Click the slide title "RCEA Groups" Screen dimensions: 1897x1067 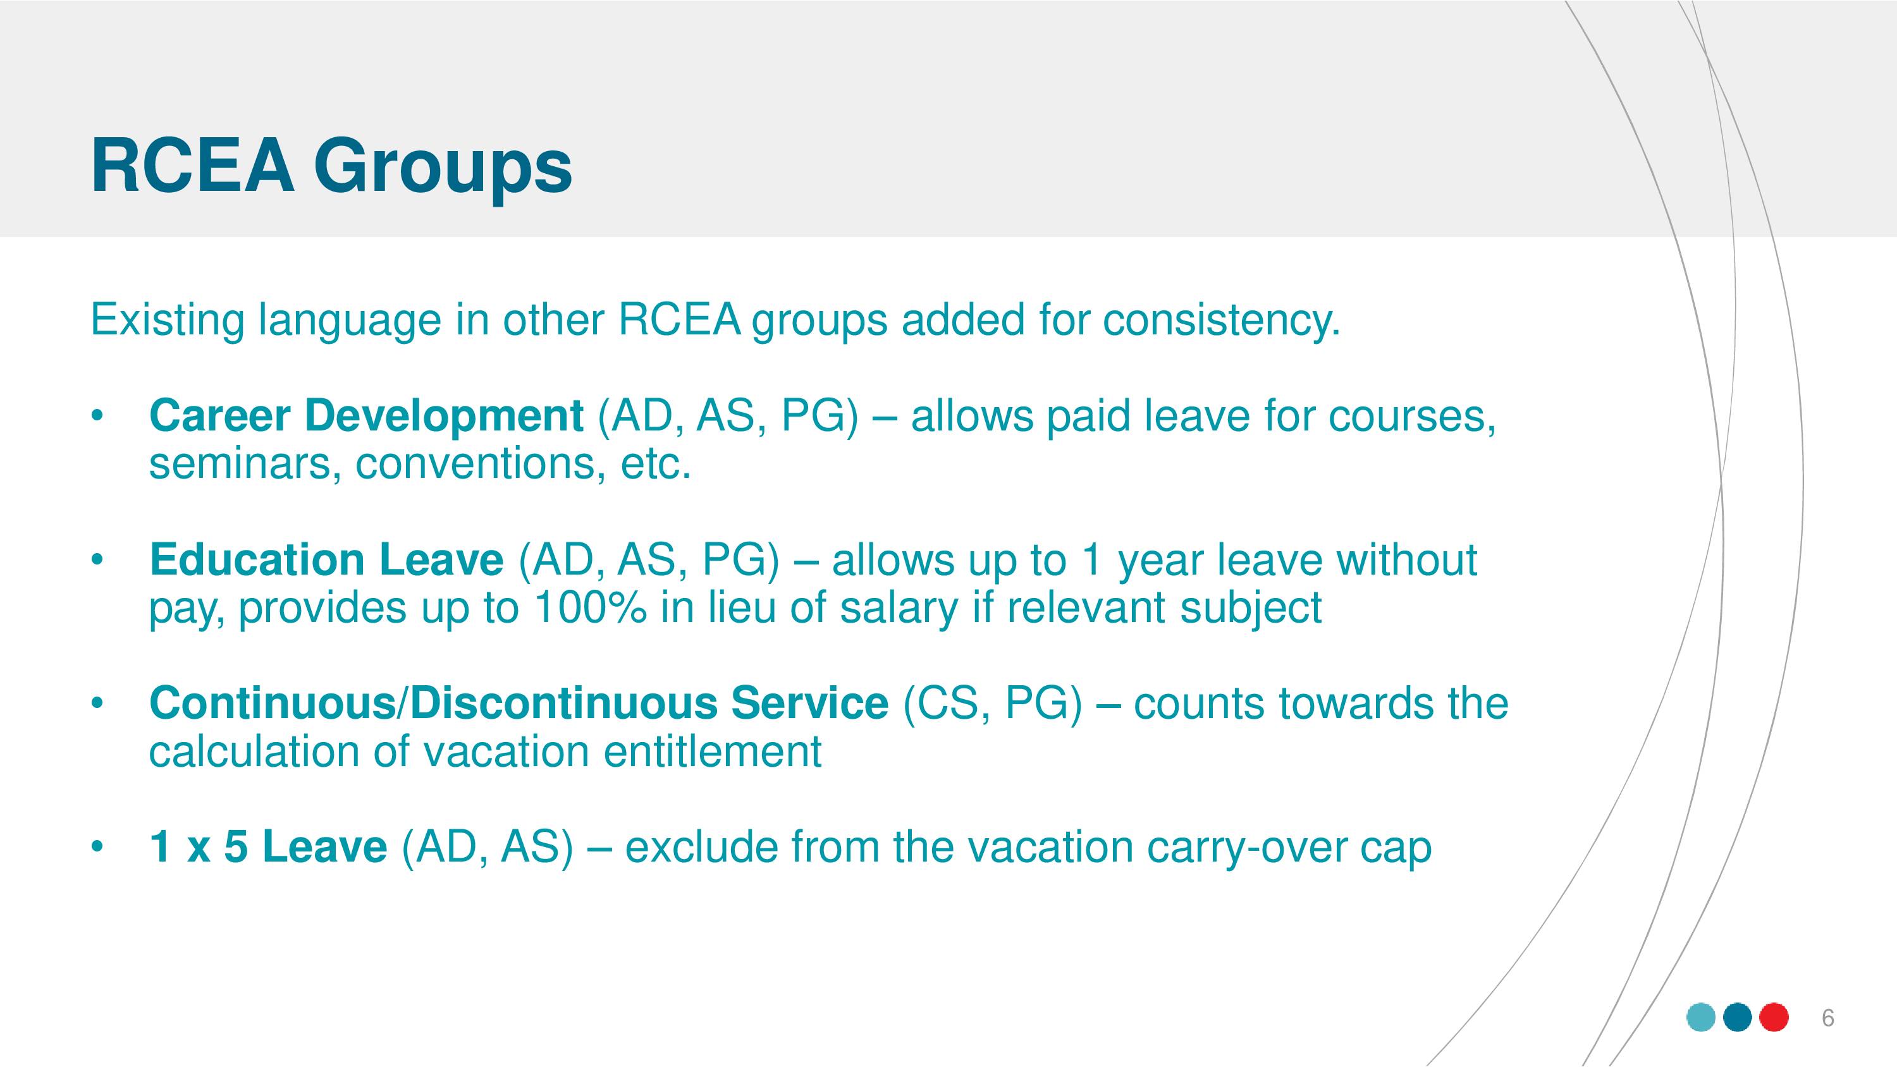click(x=331, y=169)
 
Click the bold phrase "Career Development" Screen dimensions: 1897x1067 click(x=366, y=417)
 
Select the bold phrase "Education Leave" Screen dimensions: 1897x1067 click(x=326, y=559)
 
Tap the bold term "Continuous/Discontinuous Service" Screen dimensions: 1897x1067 click(x=519, y=704)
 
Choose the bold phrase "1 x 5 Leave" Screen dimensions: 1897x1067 click(x=267, y=847)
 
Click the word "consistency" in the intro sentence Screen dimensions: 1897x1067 click(x=1221, y=321)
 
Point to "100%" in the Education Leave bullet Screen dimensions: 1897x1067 click(x=590, y=608)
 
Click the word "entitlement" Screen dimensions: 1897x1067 click(x=712, y=752)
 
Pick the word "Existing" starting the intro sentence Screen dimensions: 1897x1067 click(x=167, y=321)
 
